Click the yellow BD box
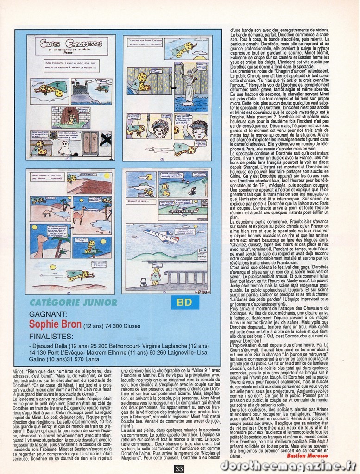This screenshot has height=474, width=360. [x=185, y=302]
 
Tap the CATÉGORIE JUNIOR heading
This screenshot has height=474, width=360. [x=73, y=302]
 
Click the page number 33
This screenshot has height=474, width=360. [x=180, y=468]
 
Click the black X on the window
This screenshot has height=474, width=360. [x=106, y=139]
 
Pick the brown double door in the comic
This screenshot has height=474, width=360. [x=90, y=143]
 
